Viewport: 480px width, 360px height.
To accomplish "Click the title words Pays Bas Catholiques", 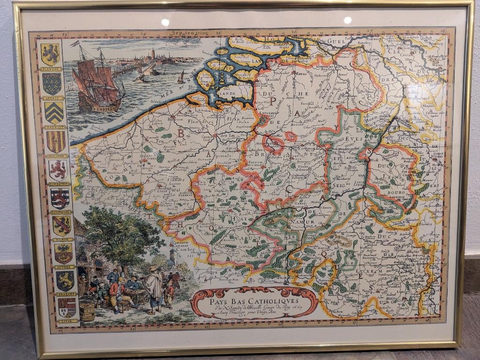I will coord(254,296).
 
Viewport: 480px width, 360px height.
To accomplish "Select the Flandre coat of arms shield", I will coord(50,54).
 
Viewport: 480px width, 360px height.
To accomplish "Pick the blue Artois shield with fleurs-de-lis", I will coord(52,84).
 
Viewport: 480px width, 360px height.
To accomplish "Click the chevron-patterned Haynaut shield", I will coord(54,112).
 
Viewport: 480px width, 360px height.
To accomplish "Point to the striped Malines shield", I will coord(56,142).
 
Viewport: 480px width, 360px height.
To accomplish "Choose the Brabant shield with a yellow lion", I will coord(65,280).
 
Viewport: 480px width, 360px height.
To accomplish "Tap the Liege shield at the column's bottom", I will coord(67,307).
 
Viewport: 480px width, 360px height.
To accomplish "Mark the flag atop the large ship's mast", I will coord(75,43).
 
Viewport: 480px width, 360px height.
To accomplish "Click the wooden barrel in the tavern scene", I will coord(87,311).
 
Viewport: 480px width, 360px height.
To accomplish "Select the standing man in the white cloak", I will coord(153,288).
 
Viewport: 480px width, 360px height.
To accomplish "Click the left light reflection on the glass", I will coord(165,22).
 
